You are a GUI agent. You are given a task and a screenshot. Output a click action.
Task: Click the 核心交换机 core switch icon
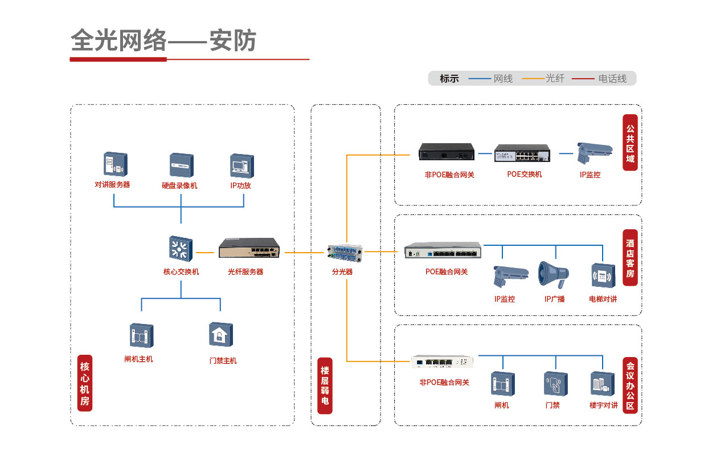click(181, 249)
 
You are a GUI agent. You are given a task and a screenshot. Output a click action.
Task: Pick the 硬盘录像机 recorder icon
click(182, 165)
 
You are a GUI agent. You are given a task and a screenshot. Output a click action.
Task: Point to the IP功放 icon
click(242, 165)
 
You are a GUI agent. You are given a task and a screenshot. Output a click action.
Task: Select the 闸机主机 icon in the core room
click(141, 335)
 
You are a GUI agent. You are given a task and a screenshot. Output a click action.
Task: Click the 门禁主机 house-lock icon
click(220, 335)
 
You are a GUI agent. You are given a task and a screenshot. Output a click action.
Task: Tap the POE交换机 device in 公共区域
click(522, 153)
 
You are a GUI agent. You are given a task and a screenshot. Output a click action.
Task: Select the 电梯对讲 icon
click(602, 276)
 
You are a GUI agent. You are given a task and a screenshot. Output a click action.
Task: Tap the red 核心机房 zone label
click(85, 383)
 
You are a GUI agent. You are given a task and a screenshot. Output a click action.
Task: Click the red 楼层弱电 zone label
click(325, 385)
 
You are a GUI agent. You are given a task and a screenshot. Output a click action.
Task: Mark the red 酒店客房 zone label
click(629, 258)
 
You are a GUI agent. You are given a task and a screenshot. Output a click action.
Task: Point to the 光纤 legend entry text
click(555, 79)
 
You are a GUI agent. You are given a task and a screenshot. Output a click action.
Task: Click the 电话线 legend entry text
click(612, 79)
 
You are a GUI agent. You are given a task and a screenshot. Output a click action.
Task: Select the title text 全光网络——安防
click(163, 41)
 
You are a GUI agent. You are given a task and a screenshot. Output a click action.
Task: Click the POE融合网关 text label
click(446, 272)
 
